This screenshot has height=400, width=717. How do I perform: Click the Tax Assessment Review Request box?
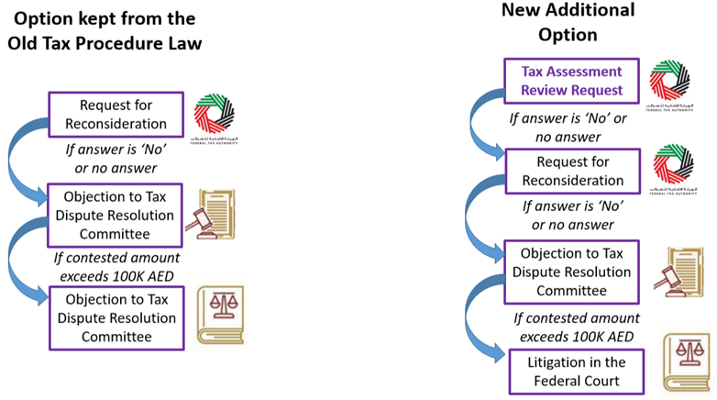[571, 81]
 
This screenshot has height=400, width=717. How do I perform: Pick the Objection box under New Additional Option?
[575, 272]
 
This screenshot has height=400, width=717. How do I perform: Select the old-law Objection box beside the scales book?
[118, 317]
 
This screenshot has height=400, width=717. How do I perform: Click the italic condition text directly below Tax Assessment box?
[568, 128]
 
